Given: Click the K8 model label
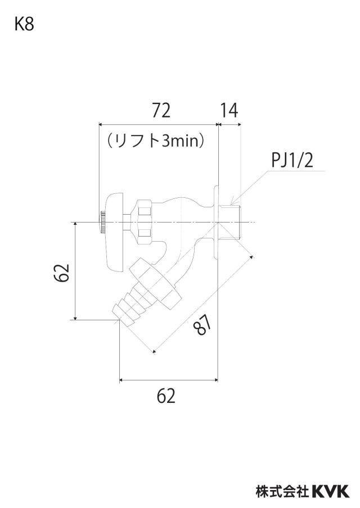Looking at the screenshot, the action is [24, 24].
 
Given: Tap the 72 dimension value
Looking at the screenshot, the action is [161, 111].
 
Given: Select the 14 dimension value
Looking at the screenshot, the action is [229, 111].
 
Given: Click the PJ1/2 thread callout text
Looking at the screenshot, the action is [292, 160].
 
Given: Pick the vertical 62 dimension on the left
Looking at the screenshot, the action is [62, 273].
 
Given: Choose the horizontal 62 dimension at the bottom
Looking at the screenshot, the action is [166, 396].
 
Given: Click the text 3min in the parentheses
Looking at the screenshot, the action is [179, 141].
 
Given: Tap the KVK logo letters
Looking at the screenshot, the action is [331, 491].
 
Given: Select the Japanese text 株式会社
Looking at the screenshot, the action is [282, 491].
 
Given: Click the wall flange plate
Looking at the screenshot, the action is [217, 223].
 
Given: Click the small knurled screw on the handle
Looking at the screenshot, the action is [102, 223].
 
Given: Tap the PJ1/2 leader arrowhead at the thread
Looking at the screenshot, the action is [232, 202].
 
